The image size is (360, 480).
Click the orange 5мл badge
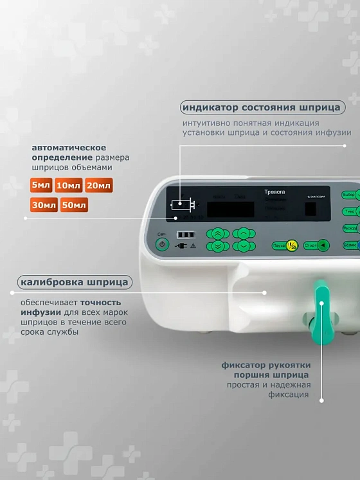click(41, 186)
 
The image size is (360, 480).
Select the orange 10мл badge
click(68, 186)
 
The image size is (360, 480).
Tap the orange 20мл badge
click(99, 186)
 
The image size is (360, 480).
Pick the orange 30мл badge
click(43, 206)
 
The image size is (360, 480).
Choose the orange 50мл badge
click(74, 206)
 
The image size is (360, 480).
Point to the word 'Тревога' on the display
click(274, 192)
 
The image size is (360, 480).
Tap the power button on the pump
click(162, 244)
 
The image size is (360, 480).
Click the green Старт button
click(316, 245)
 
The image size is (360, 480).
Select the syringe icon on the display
click(182, 205)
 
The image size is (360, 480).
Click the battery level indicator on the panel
click(185, 235)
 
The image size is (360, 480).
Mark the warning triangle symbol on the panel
click(192, 245)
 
